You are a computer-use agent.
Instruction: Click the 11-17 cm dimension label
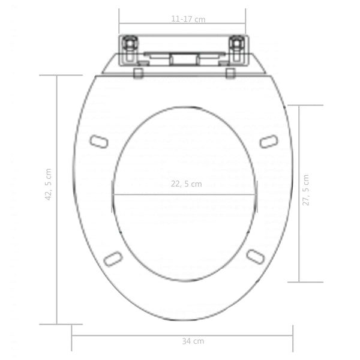[x=188, y=19]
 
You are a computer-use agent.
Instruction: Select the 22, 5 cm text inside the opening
[x=185, y=184]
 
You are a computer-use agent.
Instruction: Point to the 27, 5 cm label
[x=306, y=191]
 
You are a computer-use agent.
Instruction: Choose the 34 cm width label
[x=193, y=341]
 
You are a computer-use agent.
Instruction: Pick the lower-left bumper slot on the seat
[x=113, y=258]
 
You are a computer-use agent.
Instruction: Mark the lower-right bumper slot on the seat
[x=255, y=256]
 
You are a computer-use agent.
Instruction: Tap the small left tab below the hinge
[x=139, y=73]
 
